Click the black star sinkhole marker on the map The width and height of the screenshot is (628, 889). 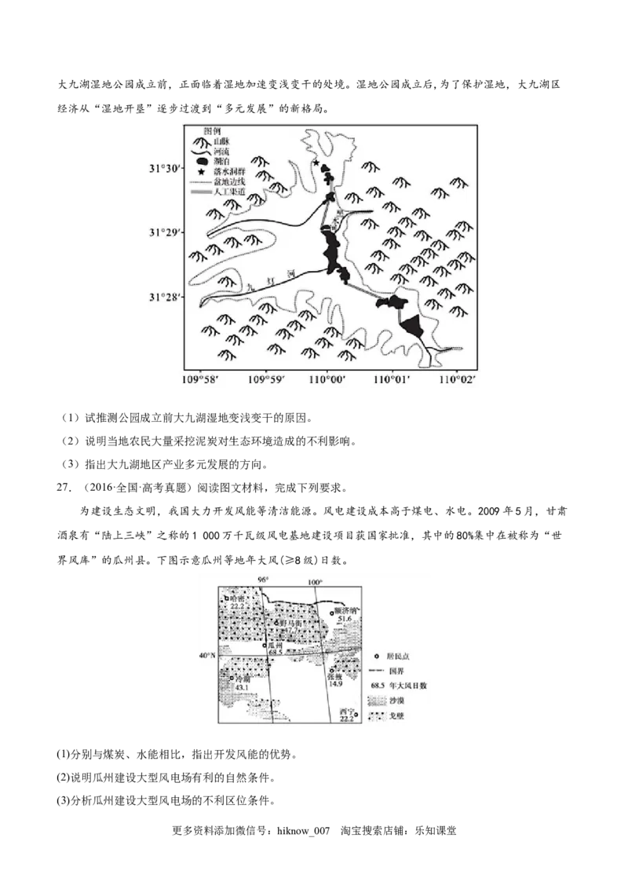click(x=316, y=163)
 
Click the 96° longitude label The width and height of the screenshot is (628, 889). click(x=265, y=580)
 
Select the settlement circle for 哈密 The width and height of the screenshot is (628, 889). click(x=226, y=598)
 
